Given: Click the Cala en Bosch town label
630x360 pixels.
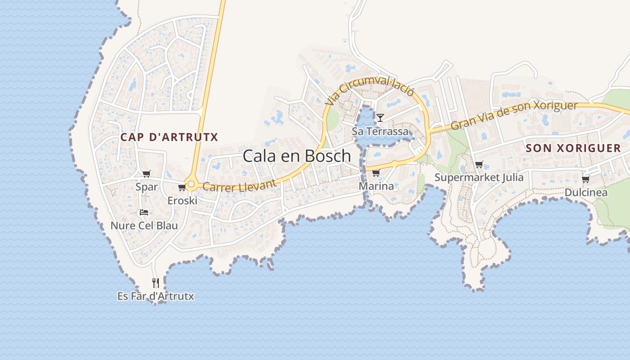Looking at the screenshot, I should point(297,156).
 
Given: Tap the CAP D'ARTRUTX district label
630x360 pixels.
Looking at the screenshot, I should point(169,137).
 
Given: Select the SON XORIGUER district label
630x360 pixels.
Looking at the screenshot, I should point(573,148).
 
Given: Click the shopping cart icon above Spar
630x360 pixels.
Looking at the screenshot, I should point(146,174).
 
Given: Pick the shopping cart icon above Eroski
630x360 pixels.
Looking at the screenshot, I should point(182,187).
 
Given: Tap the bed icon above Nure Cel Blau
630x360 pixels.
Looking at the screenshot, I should point(144,212).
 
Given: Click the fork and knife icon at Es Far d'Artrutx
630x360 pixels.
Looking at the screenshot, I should point(156,283).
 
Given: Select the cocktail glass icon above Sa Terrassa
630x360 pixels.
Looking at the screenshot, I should point(380,118).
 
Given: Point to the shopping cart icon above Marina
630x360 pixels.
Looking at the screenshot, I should point(376,173).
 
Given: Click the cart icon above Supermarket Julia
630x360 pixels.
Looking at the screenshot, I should point(479,165).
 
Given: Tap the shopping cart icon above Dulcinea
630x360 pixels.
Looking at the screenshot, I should point(586,180).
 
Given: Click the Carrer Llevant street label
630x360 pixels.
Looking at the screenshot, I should point(239,185).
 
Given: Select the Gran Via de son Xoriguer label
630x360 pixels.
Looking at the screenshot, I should point(514,115).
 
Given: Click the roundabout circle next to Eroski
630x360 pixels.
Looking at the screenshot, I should point(192,184).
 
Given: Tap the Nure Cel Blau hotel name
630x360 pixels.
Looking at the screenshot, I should point(144,225).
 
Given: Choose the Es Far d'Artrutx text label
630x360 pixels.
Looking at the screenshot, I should point(156,297).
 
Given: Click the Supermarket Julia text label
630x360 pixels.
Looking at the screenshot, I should point(479,177).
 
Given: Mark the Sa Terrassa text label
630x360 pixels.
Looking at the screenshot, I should point(380,131).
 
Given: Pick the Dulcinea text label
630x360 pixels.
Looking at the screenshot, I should point(586,193).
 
